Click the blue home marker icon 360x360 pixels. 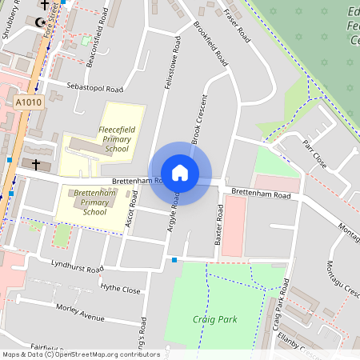point(180,173)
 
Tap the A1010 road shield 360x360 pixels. point(27,102)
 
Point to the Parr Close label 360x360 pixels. point(315,154)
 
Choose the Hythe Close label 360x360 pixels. point(120,289)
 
